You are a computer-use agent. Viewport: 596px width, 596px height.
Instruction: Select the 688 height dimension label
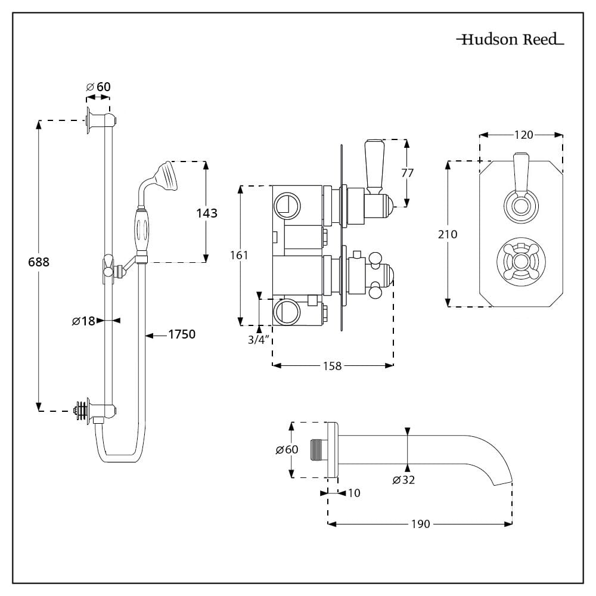pos(39,262)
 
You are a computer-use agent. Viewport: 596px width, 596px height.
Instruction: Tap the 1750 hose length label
pos(181,334)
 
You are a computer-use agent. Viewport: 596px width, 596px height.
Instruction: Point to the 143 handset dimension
pos(206,213)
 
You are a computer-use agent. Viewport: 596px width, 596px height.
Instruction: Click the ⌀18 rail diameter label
pos(83,321)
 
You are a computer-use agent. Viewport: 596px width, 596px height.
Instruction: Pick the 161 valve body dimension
pos(239,254)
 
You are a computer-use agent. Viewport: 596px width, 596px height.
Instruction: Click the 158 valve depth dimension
pos(332,366)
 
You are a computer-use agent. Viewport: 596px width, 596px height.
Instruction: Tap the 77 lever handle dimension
pos(407,173)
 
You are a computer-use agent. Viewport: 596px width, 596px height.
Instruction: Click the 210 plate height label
pos(447,234)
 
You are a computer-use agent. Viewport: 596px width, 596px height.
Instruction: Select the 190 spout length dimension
pos(420,524)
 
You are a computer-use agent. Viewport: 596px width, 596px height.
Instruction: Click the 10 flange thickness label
pos(353,493)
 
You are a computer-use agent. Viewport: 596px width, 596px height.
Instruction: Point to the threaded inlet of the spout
pos(317,451)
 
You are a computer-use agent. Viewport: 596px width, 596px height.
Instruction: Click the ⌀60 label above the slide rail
pos(98,87)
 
